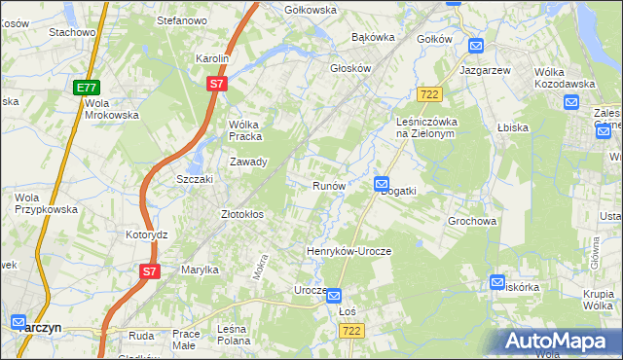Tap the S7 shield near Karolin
click(217, 85)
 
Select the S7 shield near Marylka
click(148, 271)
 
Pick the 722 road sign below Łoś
click(353, 331)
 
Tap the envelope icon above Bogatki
click(382, 182)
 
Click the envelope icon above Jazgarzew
click(476, 46)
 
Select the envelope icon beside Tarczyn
click(18, 322)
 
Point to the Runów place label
click(329, 185)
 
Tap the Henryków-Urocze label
click(348, 251)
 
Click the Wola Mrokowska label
click(111, 108)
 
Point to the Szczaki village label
click(194, 180)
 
